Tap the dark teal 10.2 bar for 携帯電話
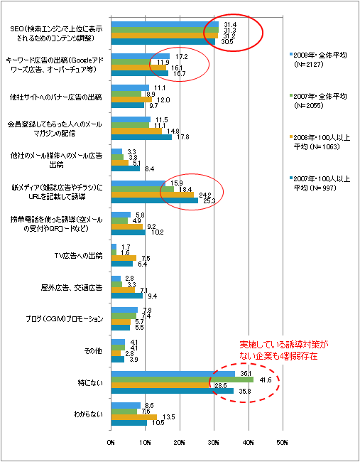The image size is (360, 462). pyautogui.click(x=128, y=232)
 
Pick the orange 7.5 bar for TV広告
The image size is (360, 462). pyautogui.click(x=124, y=258)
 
